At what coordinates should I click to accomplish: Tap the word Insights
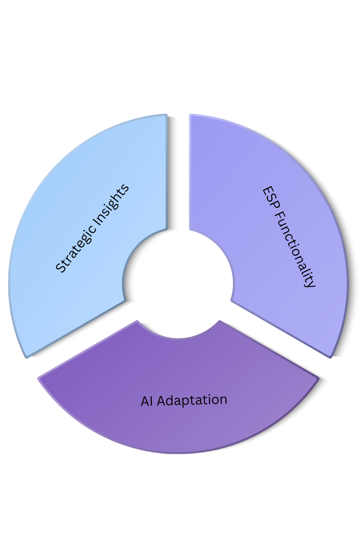112,199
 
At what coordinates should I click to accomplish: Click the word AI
147,401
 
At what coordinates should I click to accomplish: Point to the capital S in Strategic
59,268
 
